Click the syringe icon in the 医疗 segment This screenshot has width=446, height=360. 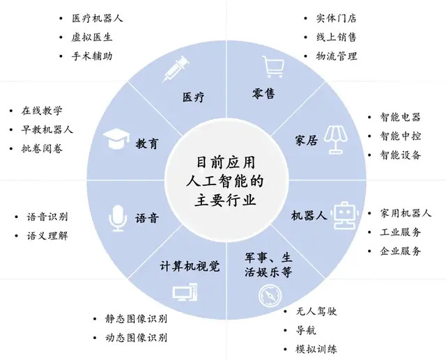175,69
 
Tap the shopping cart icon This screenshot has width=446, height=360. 273,66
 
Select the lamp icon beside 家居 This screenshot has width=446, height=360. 337,139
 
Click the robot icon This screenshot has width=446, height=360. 345,215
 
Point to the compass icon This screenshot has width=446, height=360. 270,295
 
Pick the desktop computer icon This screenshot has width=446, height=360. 185,292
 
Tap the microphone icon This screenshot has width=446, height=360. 118,219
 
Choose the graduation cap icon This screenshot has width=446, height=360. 116,139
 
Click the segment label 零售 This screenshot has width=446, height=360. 263,93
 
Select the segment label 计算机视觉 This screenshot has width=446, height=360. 190,266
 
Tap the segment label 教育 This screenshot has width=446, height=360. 146,143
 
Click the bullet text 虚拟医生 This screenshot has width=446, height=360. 92,37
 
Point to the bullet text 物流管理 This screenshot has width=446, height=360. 337,56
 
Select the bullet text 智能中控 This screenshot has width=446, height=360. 400,136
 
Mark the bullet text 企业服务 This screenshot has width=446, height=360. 400,251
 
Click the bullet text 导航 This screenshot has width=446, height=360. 306,331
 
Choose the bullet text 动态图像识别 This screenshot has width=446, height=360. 136,338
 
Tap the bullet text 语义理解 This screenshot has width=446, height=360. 47,236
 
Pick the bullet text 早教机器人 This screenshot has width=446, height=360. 47,130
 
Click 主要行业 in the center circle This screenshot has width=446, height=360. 225,201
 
